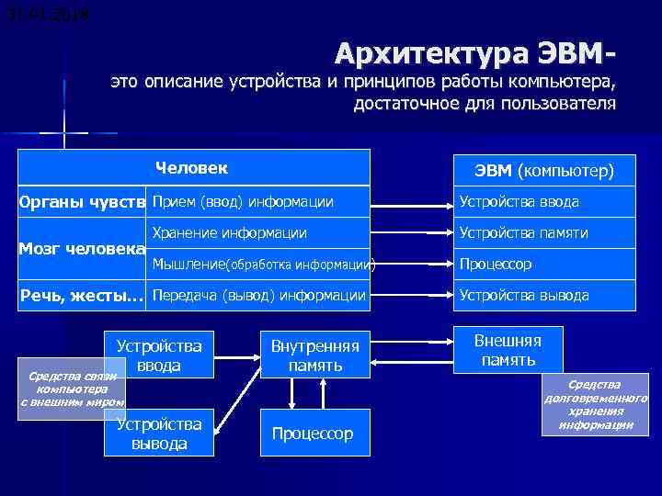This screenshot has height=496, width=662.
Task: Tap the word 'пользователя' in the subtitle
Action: click(x=557, y=104)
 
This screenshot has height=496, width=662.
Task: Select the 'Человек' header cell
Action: click(x=192, y=168)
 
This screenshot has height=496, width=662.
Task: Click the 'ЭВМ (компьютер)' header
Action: click(x=543, y=171)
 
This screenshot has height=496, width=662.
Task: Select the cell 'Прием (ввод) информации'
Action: click(x=243, y=202)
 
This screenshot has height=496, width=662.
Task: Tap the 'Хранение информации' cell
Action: click(x=229, y=233)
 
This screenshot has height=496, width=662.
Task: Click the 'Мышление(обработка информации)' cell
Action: click(x=263, y=265)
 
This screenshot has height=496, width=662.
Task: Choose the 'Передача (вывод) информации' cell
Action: click(x=258, y=296)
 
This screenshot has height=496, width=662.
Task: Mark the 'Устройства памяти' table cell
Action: click(x=523, y=233)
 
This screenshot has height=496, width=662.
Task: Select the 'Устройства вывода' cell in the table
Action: click(x=523, y=296)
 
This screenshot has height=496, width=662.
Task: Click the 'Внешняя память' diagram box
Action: click(x=508, y=350)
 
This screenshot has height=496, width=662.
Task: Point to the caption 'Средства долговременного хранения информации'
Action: click(x=596, y=404)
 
